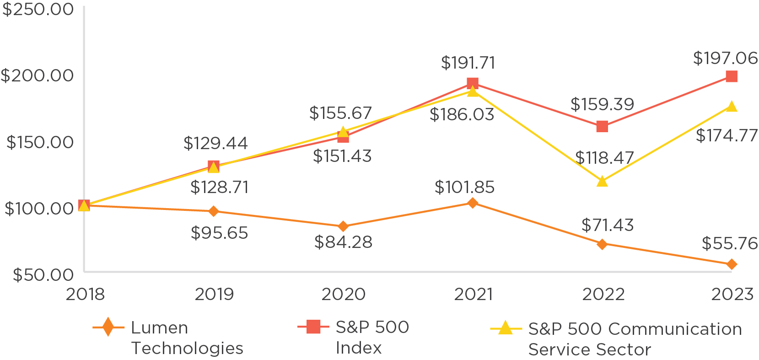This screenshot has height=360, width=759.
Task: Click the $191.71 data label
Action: click(x=468, y=63)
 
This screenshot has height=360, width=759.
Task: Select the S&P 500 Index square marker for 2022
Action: click(x=602, y=126)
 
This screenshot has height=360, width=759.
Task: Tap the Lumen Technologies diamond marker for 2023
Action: click(x=732, y=264)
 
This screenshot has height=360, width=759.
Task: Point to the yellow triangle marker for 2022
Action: click(x=602, y=182)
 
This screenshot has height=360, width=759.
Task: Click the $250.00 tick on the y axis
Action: click(x=38, y=9)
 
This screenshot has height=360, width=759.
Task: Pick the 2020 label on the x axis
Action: click(x=343, y=294)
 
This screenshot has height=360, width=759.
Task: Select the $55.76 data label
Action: click(x=729, y=243)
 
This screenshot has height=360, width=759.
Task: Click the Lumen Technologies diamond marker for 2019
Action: click(x=213, y=211)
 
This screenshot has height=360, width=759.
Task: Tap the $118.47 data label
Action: click(x=604, y=158)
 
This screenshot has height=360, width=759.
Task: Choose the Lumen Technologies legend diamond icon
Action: click(x=108, y=327)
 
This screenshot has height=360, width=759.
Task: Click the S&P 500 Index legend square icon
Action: click(x=313, y=327)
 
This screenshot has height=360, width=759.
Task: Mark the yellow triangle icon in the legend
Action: click(x=505, y=328)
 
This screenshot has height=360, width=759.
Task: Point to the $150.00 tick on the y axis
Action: click(x=40, y=142)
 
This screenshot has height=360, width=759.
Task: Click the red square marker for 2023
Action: click(x=732, y=76)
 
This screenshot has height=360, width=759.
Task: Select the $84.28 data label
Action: click(x=343, y=242)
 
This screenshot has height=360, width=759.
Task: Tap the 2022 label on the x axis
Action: click(x=603, y=294)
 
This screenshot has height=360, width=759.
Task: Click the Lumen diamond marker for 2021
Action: click(x=473, y=203)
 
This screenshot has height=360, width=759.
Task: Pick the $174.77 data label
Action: click(x=727, y=135)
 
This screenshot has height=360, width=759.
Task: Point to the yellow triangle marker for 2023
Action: click(x=732, y=107)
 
